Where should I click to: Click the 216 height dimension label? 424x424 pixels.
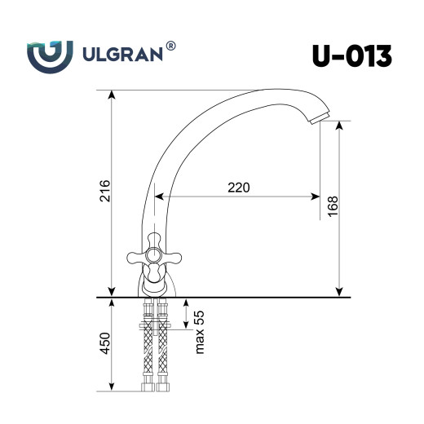pos(99,193)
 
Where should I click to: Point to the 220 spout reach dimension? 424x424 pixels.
pos(237,187)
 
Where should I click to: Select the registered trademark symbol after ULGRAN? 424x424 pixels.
pos(170,47)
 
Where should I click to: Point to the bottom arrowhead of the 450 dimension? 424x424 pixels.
pos(111,391)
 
